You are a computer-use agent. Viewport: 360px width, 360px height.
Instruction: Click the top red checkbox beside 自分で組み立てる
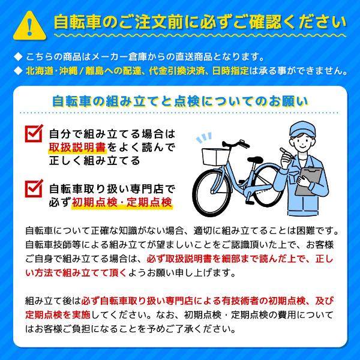pos(35,134)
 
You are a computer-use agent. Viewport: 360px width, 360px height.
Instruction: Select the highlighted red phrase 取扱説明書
pos(70,148)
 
